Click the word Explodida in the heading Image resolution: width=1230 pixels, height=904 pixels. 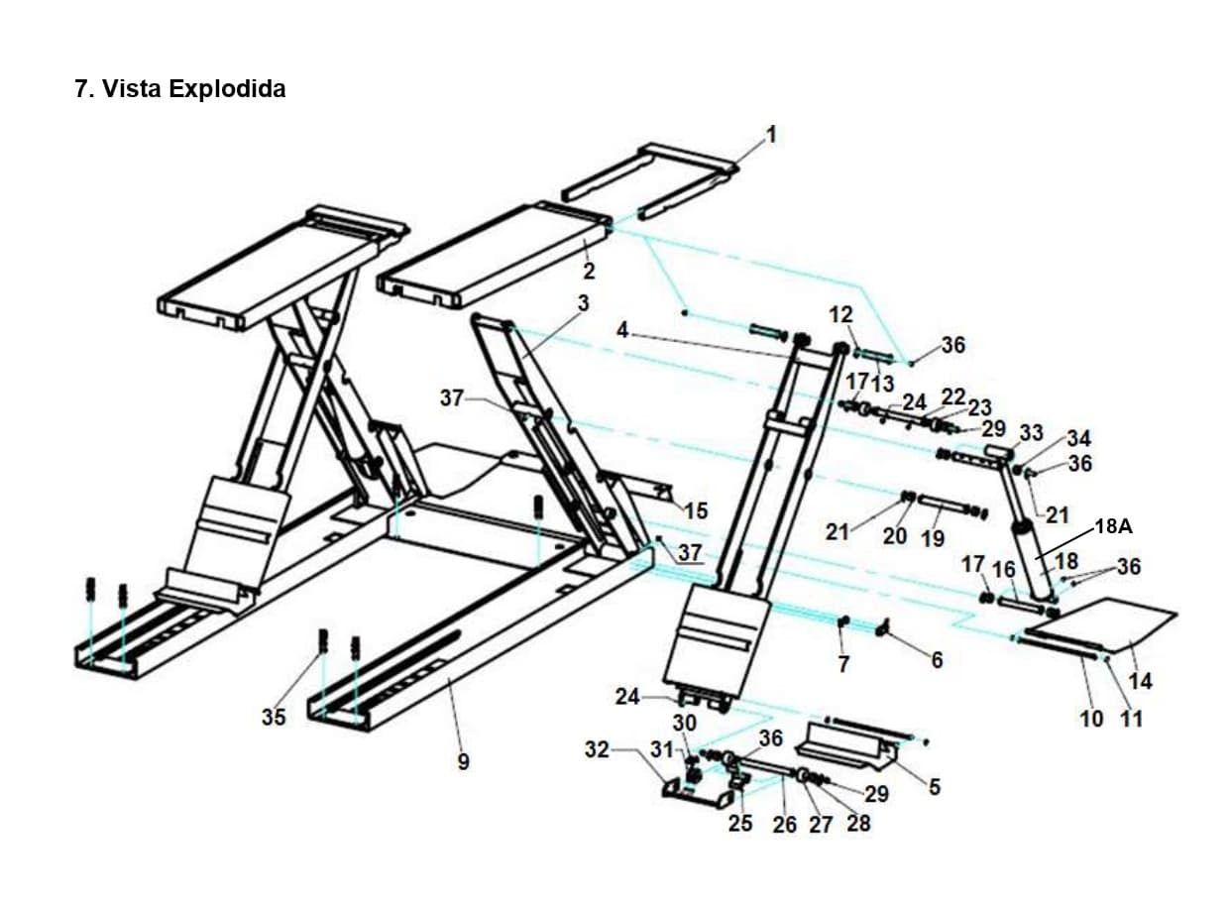click(227, 89)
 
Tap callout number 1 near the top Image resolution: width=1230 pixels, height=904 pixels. click(771, 134)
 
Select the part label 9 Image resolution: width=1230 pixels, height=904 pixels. click(463, 762)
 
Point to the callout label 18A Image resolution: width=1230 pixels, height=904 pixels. click(1112, 526)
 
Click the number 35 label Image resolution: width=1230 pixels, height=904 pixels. click(274, 717)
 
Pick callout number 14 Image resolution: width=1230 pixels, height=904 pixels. click(1140, 681)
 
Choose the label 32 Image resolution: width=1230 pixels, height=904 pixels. click(597, 749)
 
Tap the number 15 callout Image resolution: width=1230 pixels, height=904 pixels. click(696, 510)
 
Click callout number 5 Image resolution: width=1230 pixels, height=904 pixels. click(934, 787)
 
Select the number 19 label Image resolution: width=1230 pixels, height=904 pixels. click(932, 538)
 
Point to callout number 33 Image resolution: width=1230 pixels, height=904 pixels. click(1032, 433)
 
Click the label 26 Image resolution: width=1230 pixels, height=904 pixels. click(784, 824)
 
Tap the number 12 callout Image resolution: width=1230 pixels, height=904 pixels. click(840, 314)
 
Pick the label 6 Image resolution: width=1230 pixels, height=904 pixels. click(936, 659)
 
